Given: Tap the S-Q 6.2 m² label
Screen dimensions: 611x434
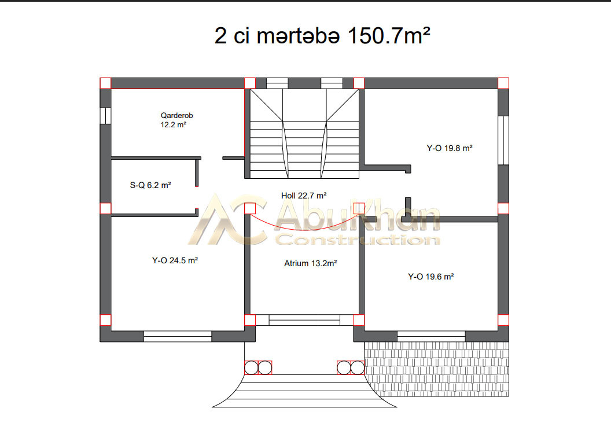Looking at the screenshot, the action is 150,185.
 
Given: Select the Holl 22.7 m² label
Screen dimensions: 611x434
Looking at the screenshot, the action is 304,196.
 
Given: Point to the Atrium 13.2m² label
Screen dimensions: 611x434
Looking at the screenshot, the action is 310,263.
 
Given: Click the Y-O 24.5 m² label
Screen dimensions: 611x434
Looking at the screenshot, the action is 175,260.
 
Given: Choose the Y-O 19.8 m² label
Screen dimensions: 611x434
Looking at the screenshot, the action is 450,148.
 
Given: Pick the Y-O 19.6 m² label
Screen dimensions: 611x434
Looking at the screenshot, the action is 430,277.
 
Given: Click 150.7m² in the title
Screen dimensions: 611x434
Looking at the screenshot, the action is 388,35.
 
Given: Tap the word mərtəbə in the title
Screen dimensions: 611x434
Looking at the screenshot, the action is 298,36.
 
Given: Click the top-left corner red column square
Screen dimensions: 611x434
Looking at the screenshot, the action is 106,83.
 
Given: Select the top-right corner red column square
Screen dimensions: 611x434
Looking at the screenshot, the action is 503,83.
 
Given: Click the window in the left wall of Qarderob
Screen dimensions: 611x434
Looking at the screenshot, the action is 106,116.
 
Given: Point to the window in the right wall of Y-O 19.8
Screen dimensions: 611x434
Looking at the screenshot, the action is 503,140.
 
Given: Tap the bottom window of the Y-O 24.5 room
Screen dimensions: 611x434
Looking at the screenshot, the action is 178,337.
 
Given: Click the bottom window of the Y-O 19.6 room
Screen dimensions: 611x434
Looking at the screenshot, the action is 431,337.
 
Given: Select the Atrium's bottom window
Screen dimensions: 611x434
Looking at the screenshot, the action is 304,320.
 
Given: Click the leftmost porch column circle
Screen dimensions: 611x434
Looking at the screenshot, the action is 251,368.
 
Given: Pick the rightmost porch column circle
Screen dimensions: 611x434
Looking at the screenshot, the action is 358,368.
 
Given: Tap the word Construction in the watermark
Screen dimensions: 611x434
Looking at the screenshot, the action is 358,240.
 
